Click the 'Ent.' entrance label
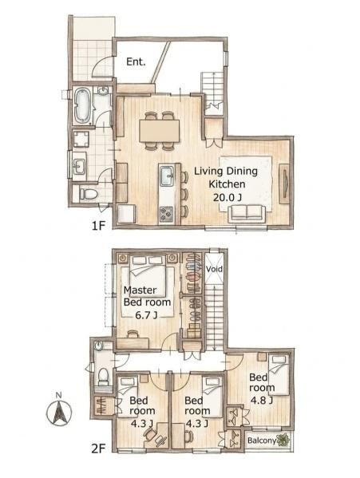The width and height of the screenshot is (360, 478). [x=136, y=62]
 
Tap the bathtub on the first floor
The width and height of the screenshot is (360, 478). [x=82, y=105]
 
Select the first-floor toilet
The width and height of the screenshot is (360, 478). [x=88, y=194]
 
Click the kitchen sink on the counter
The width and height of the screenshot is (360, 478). [x=167, y=176]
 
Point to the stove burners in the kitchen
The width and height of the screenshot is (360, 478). [x=167, y=214]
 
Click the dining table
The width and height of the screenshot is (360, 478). [x=159, y=131]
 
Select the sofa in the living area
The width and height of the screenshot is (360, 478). [x=248, y=212]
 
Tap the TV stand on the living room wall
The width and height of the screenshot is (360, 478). [x=284, y=184]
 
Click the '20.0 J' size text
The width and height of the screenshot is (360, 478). [x=227, y=198]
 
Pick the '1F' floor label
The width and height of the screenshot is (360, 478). [x=98, y=226]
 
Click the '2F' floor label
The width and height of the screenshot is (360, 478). [x=98, y=448]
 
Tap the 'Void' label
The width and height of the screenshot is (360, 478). [x=214, y=269]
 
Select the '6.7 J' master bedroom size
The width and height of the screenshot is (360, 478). [x=146, y=315]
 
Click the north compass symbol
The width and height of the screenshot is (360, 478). [x=59, y=411]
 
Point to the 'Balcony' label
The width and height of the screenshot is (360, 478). [x=262, y=440]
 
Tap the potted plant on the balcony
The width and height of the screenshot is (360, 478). [x=283, y=440]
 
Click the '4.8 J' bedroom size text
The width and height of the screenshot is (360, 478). [x=261, y=400]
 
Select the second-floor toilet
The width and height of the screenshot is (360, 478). [x=104, y=376]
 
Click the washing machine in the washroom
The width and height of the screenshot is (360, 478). [x=81, y=140]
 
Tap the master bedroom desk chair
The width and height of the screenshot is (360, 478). [x=133, y=334]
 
